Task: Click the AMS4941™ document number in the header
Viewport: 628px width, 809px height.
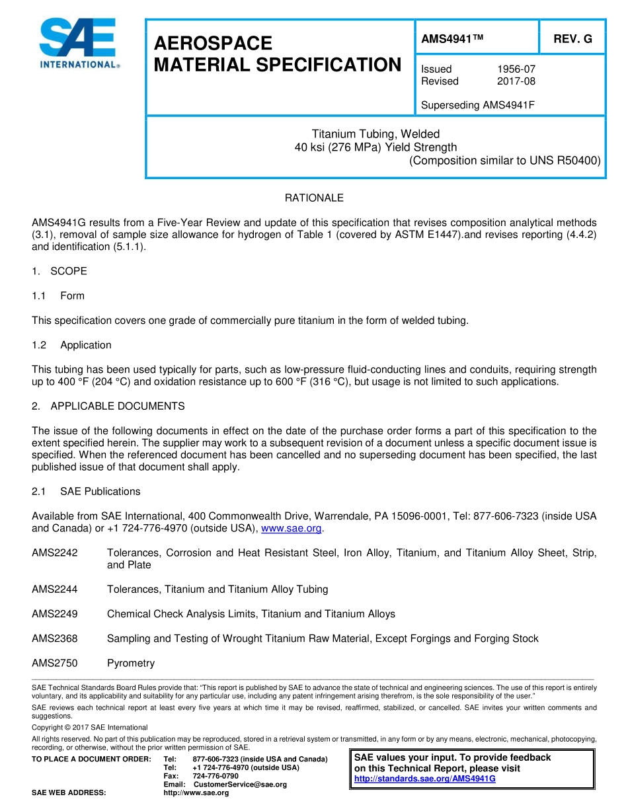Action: (x=452, y=39)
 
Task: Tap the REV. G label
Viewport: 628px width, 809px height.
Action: (x=572, y=39)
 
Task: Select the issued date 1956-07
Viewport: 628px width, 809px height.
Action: (x=516, y=69)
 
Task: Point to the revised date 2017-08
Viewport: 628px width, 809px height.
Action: (x=516, y=81)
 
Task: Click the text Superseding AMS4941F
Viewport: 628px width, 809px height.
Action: (x=477, y=105)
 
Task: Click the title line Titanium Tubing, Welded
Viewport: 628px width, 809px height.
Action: (x=375, y=134)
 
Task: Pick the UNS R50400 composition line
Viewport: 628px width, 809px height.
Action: (x=504, y=160)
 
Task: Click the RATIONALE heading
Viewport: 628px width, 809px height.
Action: (x=314, y=198)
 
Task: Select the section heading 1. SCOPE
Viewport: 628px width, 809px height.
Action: (x=59, y=271)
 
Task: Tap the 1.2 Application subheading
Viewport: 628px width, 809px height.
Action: (x=71, y=345)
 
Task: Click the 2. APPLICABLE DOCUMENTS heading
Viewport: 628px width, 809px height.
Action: (x=108, y=406)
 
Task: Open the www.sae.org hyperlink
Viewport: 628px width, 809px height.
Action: (x=292, y=528)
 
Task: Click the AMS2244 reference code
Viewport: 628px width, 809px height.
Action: (x=55, y=589)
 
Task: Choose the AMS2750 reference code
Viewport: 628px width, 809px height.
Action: (x=55, y=663)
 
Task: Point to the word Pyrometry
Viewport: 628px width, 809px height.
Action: (x=131, y=663)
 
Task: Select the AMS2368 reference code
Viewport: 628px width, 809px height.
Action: (x=55, y=638)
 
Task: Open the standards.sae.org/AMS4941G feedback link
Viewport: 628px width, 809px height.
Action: (x=424, y=779)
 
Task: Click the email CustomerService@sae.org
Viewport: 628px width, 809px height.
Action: (x=240, y=785)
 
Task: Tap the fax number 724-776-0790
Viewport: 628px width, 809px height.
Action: (x=216, y=776)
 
